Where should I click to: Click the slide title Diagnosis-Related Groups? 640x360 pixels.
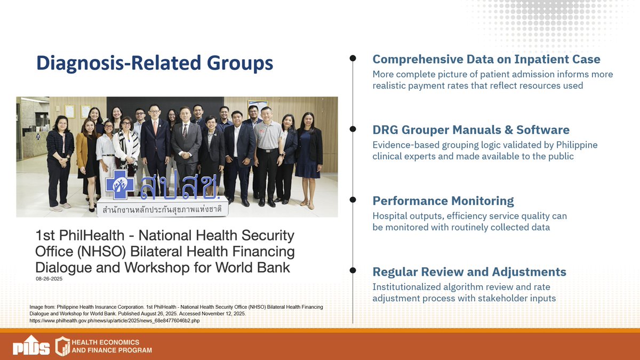click(x=155, y=63)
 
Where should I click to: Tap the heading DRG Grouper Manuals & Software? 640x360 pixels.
click(x=470, y=130)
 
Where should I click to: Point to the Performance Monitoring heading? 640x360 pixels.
click(x=443, y=201)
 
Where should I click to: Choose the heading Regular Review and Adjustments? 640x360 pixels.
click(x=469, y=271)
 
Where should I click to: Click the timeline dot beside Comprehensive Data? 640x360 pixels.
click(x=353, y=58)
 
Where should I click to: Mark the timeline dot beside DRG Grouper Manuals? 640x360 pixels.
click(x=353, y=129)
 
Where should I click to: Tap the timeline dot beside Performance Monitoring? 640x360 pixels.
click(x=353, y=200)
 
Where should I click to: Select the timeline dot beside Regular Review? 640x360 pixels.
click(x=353, y=271)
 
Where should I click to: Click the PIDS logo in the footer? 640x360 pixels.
click(x=31, y=346)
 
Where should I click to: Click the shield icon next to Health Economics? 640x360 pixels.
click(x=63, y=346)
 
